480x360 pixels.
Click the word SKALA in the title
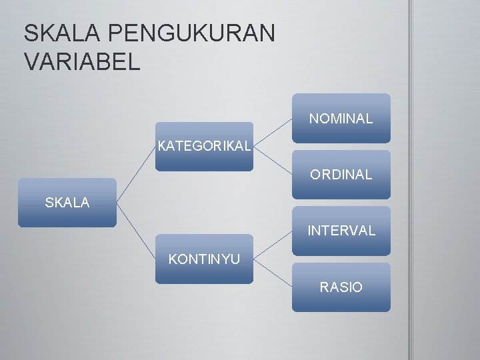[x=61, y=33]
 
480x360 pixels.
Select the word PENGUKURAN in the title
[x=190, y=33]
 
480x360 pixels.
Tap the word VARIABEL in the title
[x=82, y=61]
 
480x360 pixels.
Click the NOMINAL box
[x=341, y=119]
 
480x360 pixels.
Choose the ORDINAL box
[x=341, y=175]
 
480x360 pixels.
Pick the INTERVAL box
[x=341, y=231]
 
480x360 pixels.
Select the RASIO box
[x=341, y=287]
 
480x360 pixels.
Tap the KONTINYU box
[x=205, y=259]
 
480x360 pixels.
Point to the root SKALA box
[x=67, y=203]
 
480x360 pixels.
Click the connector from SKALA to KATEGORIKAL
[x=136, y=175]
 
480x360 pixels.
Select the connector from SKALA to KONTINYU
[x=136, y=231]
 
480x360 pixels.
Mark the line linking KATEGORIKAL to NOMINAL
[x=273, y=133]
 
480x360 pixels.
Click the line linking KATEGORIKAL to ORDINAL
[x=273, y=161]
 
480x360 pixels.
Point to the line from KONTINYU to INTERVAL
[x=273, y=245]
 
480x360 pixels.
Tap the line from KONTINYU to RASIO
[x=273, y=273]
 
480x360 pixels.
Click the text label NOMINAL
[x=341, y=119]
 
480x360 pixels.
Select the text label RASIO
[x=341, y=287]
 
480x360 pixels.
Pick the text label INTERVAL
[x=341, y=231]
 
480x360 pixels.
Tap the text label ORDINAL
[x=341, y=175]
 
